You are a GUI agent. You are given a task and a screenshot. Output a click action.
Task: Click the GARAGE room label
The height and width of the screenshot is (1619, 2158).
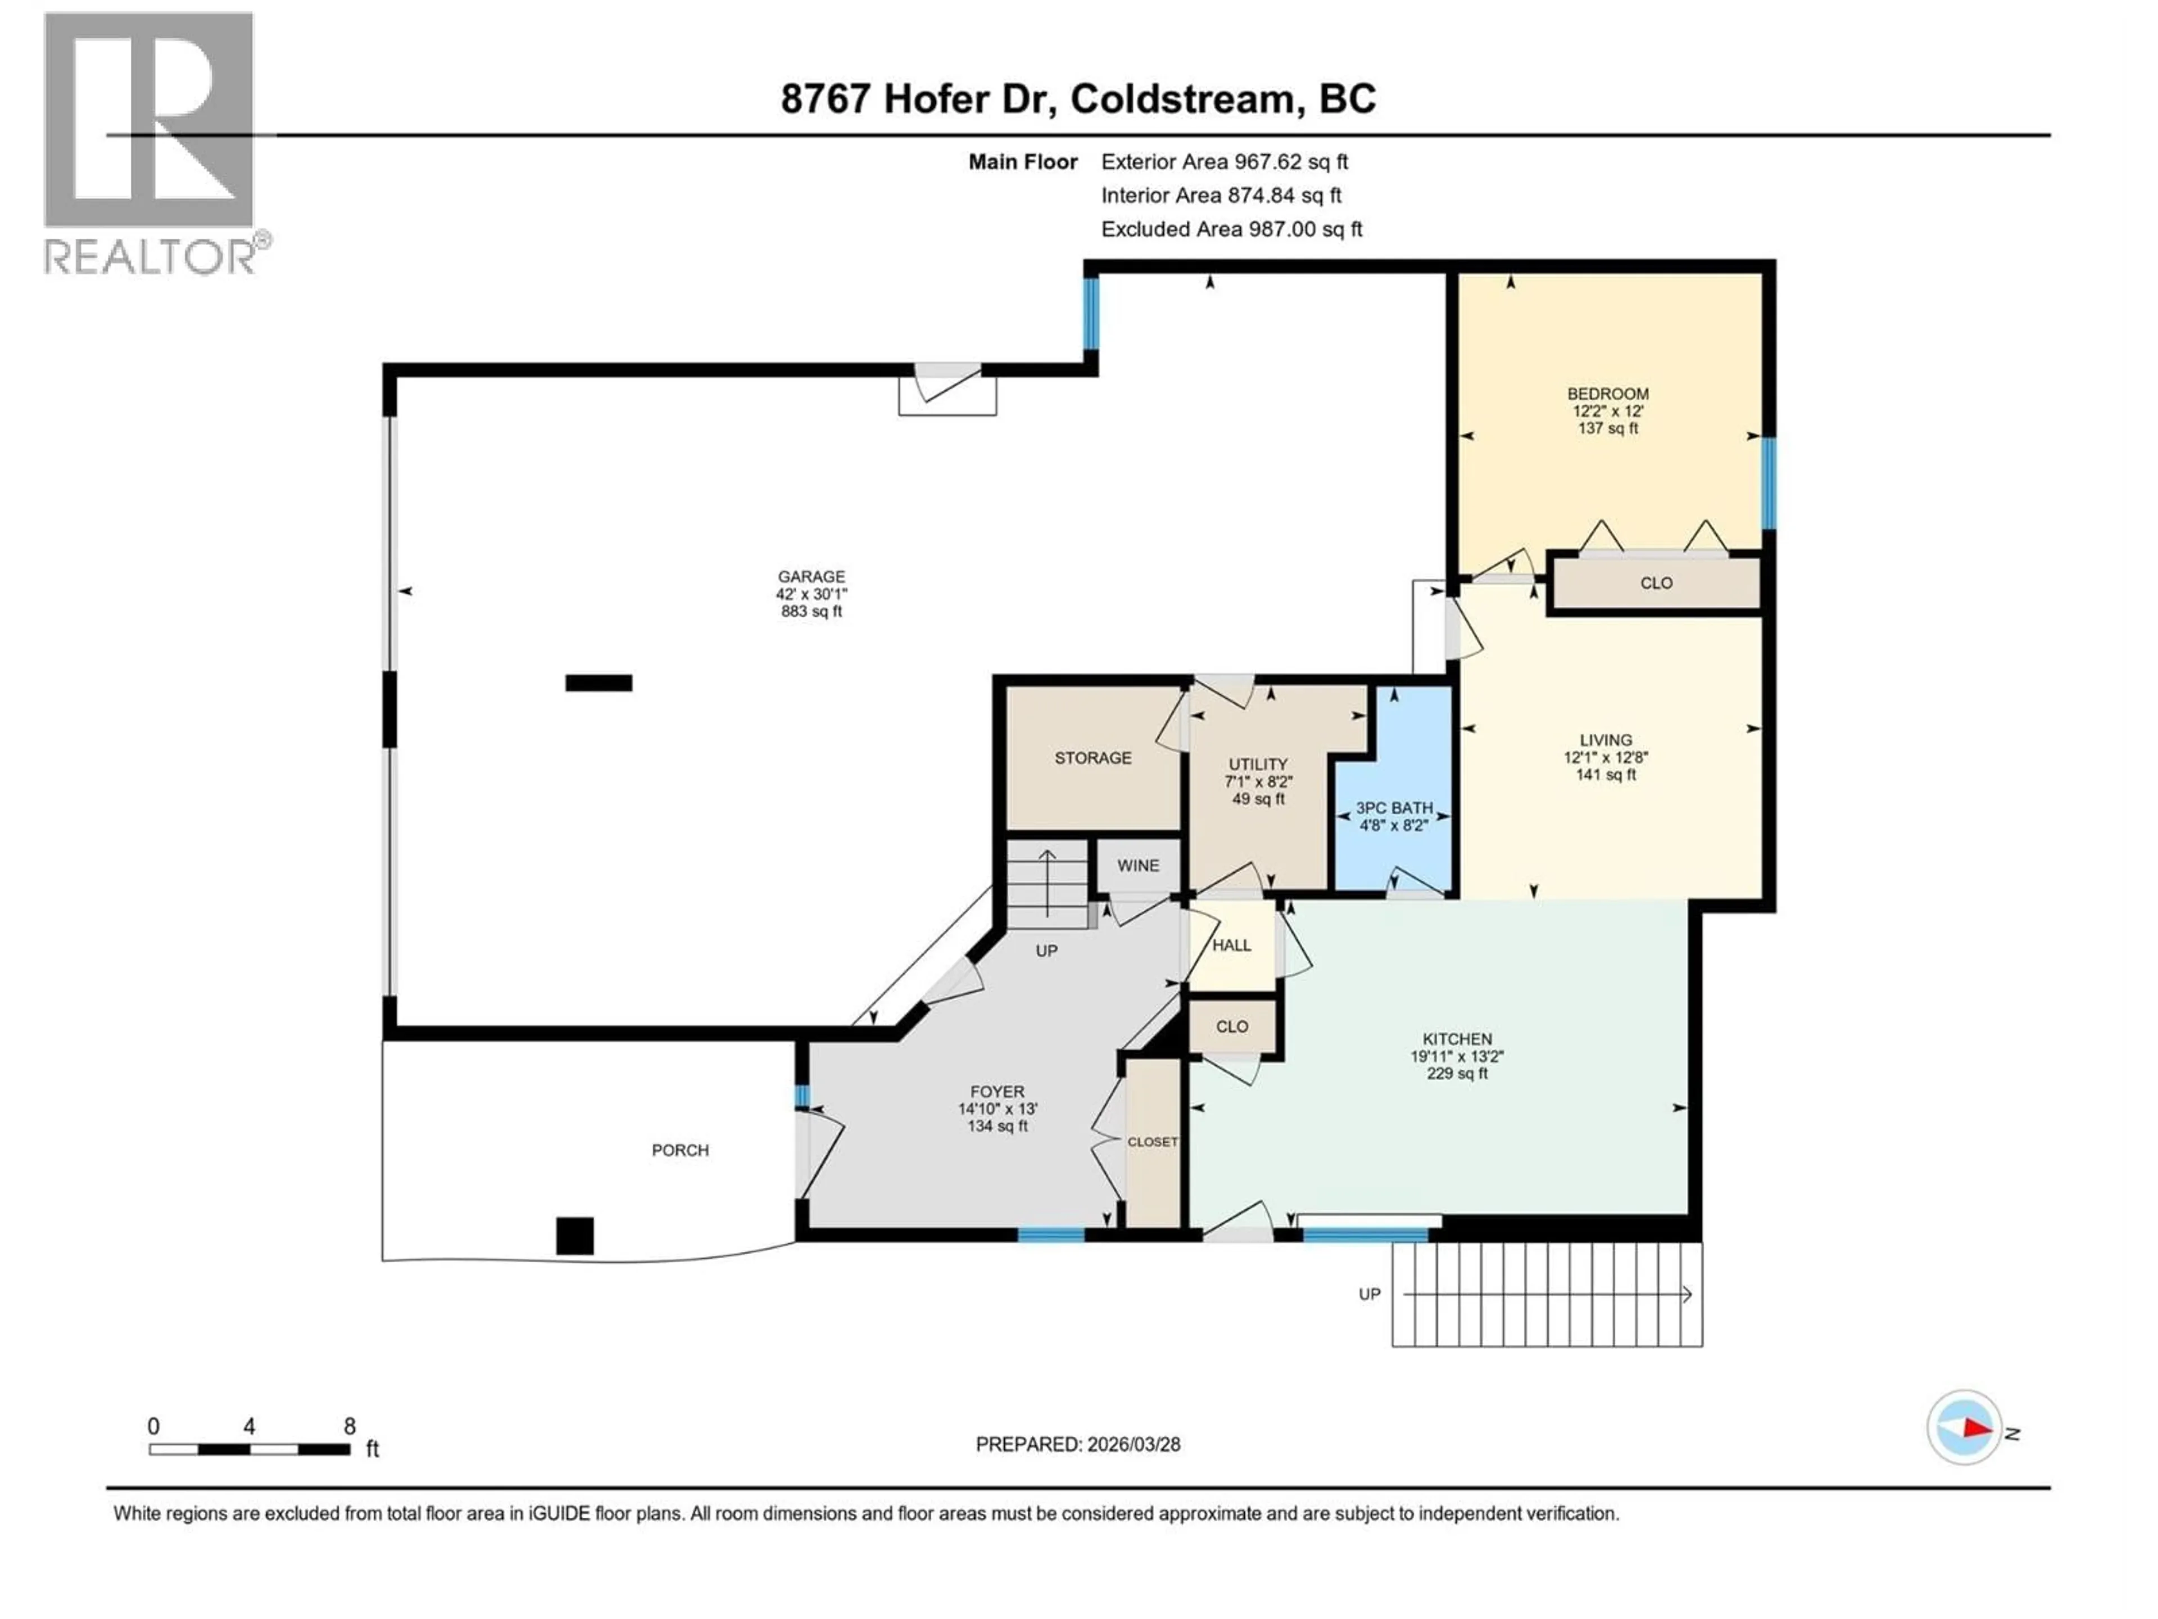[811, 577]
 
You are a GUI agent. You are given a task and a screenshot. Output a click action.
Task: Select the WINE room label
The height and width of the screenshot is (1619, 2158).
[1137, 866]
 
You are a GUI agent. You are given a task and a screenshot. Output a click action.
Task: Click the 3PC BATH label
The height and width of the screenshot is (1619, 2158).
[1394, 808]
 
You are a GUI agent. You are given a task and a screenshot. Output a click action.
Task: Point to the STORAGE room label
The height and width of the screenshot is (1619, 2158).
[1092, 758]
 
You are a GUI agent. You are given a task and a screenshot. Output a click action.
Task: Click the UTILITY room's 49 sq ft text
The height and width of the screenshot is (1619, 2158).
[1258, 799]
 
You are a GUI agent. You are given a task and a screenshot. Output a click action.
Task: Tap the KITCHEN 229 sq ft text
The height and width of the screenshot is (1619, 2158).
[1457, 1074]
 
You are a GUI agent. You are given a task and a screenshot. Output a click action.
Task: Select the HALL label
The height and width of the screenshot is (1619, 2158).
[1231, 946]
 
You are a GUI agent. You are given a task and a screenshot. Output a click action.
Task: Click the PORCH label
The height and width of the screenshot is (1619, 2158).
[680, 1151]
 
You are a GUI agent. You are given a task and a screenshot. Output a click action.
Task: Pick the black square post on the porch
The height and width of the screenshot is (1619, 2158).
[574, 1236]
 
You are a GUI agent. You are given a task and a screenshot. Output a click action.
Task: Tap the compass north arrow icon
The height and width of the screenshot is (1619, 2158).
[1964, 1428]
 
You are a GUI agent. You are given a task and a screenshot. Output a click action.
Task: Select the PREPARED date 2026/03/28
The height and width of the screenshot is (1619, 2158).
[1077, 1444]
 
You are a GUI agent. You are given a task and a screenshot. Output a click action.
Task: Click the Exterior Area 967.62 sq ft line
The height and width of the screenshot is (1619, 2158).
[1225, 162]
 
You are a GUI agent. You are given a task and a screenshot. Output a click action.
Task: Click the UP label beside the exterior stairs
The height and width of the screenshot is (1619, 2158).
[1369, 1294]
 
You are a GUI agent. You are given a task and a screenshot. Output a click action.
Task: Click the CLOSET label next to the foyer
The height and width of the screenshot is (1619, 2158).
[1152, 1142]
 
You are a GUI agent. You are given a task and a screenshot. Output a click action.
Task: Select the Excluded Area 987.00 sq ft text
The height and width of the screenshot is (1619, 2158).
[1231, 229]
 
